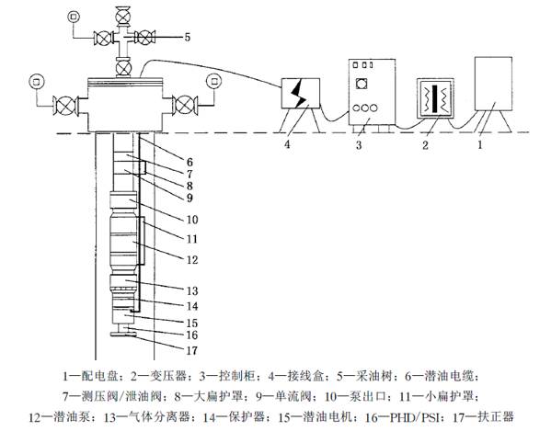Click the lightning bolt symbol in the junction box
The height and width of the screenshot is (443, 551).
[x=298, y=93]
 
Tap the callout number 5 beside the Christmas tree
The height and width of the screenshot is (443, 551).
[x=188, y=37]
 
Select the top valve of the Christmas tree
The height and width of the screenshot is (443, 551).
[x=123, y=14]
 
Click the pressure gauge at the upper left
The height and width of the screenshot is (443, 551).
[x=74, y=17]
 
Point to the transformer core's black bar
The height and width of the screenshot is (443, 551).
[x=435, y=99]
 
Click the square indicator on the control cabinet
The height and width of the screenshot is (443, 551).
[x=362, y=84]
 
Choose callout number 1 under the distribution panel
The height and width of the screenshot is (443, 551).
[x=480, y=144]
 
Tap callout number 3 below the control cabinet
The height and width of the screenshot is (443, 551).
[x=359, y=144]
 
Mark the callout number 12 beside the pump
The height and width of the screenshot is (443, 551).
[x=192, y=260]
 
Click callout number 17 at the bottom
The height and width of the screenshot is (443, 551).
[x=192, y=350]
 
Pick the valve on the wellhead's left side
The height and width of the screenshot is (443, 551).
[x=65, y=105]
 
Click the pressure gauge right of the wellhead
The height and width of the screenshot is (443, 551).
[x=214, y=82]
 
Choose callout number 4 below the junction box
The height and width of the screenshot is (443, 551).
[x=287, y=144]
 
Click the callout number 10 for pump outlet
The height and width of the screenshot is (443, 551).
[x=192, y=220]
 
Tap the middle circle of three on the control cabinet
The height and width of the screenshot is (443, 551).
[x=365, y=108]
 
